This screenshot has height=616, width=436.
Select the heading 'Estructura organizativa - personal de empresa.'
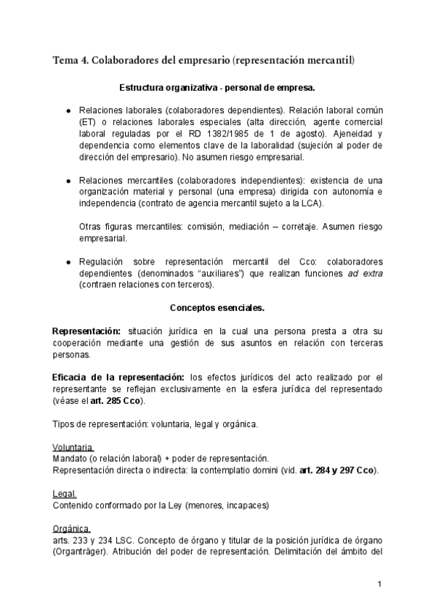(217, 88)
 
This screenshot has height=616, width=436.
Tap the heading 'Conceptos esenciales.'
(217, 307)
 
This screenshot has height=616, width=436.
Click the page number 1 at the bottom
(379, 584)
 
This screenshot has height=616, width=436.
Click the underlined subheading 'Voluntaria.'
(73, 447)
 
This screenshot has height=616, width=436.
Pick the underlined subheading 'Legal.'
(65, 493)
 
